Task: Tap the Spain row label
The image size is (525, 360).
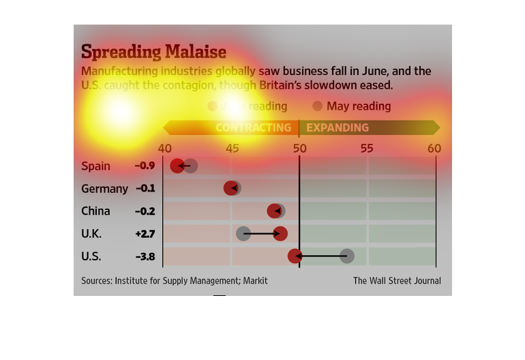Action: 95,166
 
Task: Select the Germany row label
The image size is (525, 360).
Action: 104,188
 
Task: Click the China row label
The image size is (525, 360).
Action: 95,211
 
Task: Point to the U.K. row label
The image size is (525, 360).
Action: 91,234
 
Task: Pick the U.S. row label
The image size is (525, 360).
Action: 91,256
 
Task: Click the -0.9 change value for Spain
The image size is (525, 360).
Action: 145,166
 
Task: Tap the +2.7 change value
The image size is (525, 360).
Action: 145,234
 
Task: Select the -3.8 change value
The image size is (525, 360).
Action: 145,256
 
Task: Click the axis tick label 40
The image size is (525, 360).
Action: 164,149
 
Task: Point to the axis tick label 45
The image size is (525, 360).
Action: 232,149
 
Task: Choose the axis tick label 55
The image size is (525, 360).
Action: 367,149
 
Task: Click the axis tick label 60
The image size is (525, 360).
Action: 434,149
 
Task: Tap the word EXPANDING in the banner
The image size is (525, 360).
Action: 337,127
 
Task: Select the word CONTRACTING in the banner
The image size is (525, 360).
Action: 253,127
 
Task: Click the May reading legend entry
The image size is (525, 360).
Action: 352,106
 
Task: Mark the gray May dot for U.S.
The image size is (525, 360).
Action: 347,256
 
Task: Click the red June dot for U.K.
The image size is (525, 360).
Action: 280,234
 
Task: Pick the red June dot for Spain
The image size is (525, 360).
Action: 178,166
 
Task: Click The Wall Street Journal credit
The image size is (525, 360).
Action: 397,281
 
